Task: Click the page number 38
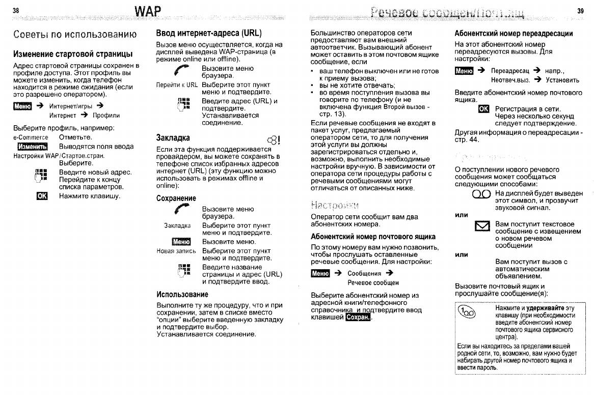pyautogui.click(x=16, y=11)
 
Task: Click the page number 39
pyautogui.click(x=580, y=11)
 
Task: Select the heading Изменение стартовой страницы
pyautogui.click(x=73, y=54)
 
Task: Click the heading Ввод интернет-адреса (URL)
pyautogui.click(x=209, y=34)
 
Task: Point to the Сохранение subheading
pyautogui.click(x=176, y=198)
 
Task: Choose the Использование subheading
pyautogui.click(x=182, y=294)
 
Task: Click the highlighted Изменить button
pyautogui.click(x=32, y=147)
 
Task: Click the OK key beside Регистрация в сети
pyautogui.click(x=483, y=109)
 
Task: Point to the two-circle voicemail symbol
pyautogui.click(x=481, y=194)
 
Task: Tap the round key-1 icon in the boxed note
pyautogui.click(x=466, y=311)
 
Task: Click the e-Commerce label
pyautogui.click(x=31, y=137)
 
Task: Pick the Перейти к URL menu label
pyautogui.click(x=177, y=85)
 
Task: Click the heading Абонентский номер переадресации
pyautogui.click(x=514, y=34)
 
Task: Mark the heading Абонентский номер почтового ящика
pyautogui.click(x=373, y=237)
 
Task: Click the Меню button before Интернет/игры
pyautogui.click(x=22, y=106)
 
